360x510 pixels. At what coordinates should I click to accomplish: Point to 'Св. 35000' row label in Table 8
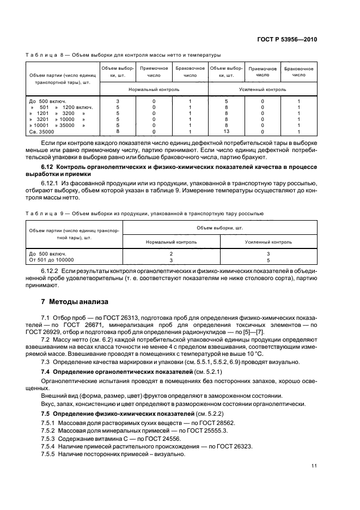click(x=41, y=131)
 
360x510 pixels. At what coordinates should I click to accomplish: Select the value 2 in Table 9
click(x=171, y=254)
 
